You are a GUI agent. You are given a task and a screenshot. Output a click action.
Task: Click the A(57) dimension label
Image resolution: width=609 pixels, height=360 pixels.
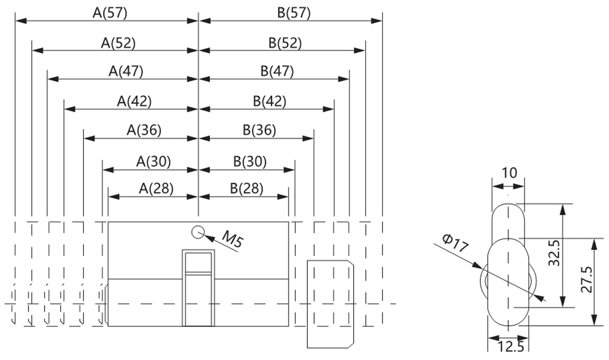click(x=110, y=13)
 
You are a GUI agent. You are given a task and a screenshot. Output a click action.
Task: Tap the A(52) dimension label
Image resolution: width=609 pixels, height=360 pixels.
click(x=118, y=43)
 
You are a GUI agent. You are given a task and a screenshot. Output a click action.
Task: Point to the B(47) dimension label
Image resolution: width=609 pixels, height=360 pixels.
click(x=277, y=71)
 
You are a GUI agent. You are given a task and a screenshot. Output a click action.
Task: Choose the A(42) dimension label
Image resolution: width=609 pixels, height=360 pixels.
click(x=134, y=101)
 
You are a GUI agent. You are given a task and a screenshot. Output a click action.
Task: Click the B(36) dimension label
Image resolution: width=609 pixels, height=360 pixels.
click(x=259, y=130)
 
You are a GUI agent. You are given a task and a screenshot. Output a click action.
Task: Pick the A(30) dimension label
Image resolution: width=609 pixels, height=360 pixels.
click(x=153, y=161)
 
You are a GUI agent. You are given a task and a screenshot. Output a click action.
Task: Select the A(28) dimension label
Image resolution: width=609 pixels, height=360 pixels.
click(x=156, y=189)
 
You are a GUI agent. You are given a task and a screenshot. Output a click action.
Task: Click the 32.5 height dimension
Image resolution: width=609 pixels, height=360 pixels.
click(x=555, y=253)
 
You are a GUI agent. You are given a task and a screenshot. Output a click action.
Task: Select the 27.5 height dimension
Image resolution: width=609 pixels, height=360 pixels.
click(x=586, y=280)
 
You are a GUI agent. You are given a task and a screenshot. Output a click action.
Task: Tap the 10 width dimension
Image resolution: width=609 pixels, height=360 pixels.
click(x=509, y=173)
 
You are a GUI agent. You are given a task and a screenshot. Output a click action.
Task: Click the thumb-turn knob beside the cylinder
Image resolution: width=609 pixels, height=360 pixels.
click(x=330, y=304)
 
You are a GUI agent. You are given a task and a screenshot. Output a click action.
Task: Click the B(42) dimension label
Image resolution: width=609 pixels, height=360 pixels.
click(x=270, y=101)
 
